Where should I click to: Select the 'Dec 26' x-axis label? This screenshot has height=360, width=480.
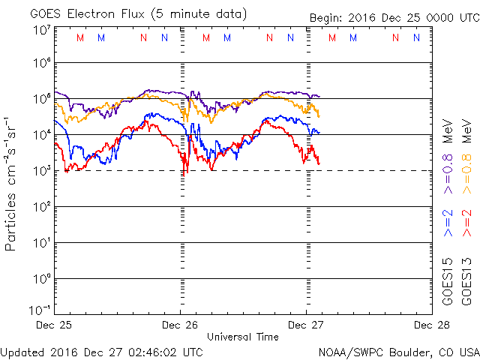coord(181,325)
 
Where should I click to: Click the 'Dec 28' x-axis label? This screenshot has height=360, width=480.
coord(430,325)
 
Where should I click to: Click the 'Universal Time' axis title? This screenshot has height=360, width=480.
coord(242,337)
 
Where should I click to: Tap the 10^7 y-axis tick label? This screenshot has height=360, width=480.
coord(40,30)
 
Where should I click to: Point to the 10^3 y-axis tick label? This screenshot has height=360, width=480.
coord(40,170)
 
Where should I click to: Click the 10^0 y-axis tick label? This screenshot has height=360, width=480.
coord(40,278)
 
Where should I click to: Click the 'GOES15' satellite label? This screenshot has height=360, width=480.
coord(448,281)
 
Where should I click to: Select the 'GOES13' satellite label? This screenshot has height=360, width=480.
coord(466,281)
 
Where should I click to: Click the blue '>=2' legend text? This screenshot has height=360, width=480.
coord(448,223)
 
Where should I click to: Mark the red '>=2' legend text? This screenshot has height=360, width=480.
coord(466,223)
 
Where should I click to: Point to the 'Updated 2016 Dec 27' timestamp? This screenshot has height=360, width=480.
coord(102,351)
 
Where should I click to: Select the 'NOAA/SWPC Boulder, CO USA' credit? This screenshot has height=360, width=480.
coord(398,351)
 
